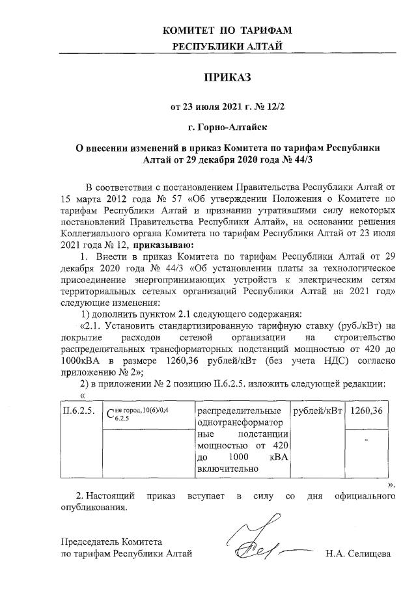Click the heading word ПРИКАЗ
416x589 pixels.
(227, 78)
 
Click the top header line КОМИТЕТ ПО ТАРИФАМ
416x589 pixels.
(227, 31)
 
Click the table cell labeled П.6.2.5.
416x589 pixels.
(78, 411)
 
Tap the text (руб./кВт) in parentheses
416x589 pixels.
(354, 324)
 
